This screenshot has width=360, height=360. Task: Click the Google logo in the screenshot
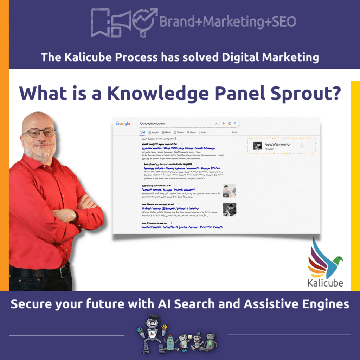click(x=123, y=124)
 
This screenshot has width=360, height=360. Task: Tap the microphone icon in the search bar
click(x=223, y=123)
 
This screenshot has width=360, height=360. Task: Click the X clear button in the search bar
click(x=216, y=123)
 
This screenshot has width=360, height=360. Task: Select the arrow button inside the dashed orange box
click(x=302, y=146)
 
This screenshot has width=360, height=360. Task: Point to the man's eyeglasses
click(x=39, y=133)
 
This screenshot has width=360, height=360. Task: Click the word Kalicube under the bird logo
click(x=325, y=282)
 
